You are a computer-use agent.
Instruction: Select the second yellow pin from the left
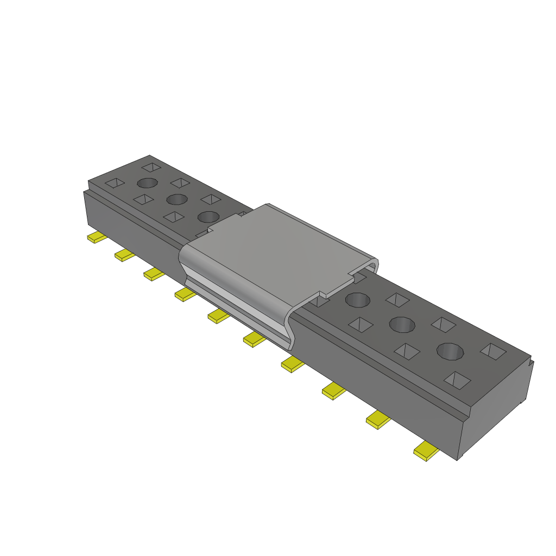click(124, 255)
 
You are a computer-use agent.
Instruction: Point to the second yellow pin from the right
click(378, 420)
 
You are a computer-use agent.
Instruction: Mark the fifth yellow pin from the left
click(219, 316)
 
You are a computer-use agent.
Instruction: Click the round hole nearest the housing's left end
click(147, 183)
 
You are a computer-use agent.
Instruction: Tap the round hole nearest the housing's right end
click(451, 351)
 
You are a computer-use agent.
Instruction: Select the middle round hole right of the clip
click(402, 325)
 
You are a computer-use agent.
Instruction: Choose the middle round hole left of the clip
click(177, 199)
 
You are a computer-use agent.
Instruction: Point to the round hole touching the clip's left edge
click(208, 217)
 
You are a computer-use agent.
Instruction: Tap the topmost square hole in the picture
click(152, 167)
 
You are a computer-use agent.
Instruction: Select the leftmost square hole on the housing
click(115, 183)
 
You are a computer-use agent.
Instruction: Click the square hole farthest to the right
click(493, 351)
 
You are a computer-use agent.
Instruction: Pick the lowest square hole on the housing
click(458, 380)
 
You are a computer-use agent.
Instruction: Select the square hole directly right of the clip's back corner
click(397, 299)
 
